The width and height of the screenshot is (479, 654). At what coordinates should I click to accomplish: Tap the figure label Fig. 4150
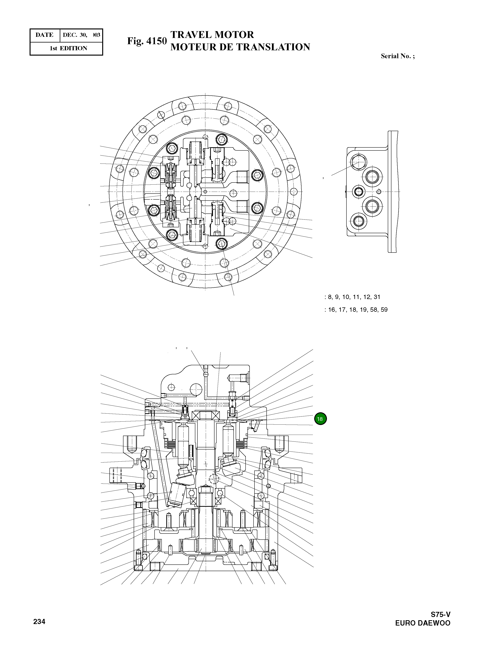click(x=147, y=41)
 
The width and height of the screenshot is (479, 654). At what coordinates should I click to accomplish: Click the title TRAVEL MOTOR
click(x=212, y=35)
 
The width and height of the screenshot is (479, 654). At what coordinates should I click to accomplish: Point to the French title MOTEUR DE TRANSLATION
click(x=240, y=47)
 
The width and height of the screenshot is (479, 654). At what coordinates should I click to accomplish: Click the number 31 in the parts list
click(x=377, y=297)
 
